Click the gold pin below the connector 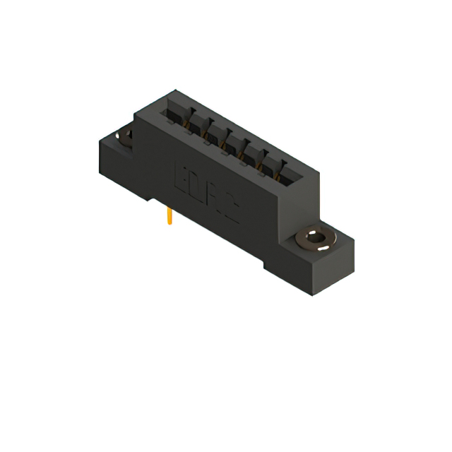point(169,216)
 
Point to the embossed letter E point(180,177)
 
